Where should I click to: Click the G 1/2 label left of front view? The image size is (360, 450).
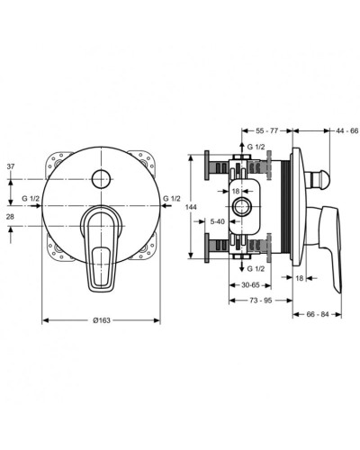click(x=30, y=197)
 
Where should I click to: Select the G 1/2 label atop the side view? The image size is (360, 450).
click(x=256, y=145)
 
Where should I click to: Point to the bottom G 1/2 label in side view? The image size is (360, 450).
click(x=256, y=269)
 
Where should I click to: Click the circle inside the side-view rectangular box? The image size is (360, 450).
click(x=242, y=205)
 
